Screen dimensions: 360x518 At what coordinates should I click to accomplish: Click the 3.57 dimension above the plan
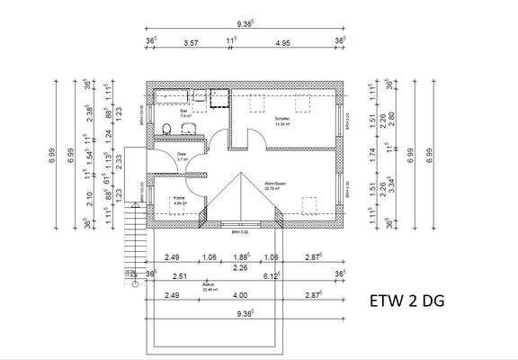190,41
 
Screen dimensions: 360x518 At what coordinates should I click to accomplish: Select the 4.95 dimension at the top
283,41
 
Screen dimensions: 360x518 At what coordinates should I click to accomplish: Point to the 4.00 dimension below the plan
240,294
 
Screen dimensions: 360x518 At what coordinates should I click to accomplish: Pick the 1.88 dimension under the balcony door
240,256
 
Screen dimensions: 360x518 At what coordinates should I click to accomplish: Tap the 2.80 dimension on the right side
392,120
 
